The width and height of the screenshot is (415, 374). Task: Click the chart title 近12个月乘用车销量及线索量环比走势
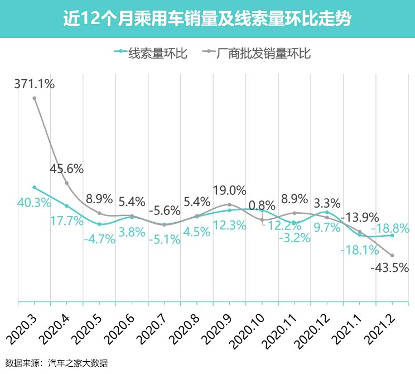tap(207, 18)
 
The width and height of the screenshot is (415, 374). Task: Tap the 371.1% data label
tap(34, 84)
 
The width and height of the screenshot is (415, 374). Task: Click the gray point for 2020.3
tap(35, 98)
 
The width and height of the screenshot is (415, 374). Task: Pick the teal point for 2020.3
tap(35, 188)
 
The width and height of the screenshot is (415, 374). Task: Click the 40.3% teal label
tap(34, 203)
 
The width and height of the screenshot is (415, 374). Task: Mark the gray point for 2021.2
tap(392, 256)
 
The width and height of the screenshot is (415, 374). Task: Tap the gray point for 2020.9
tap(229, 205)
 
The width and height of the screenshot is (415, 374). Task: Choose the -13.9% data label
tap(360, 217)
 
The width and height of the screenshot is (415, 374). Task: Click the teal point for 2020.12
tap(327, 212)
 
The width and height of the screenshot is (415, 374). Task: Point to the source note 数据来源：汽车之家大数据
tap(56, 363)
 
